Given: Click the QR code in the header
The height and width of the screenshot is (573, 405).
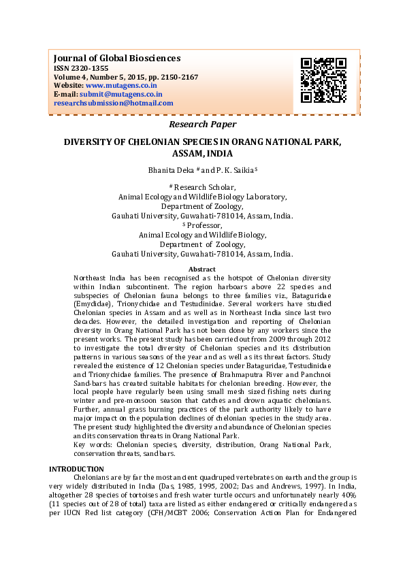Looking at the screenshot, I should (x=323, y=80).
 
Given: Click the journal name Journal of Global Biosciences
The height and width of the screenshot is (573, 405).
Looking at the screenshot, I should (x=116, y=58).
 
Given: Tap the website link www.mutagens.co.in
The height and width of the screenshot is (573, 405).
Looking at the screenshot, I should (x=122, y=86).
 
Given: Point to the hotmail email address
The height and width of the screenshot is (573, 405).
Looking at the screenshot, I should (x=113, y=103).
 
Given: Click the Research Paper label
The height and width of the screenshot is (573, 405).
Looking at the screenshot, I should (x=202, y=125).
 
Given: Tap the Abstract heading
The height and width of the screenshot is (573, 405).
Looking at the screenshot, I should (x=201, y=270).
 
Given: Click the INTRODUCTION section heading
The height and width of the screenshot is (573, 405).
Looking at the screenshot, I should (x=77, y=469).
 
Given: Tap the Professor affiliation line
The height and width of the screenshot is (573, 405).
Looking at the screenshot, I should (x=204, y=225).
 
